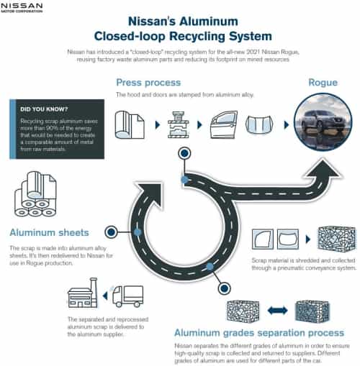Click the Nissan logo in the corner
pos(22,7)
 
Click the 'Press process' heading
pos(148,83)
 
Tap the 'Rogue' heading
pos(323,83)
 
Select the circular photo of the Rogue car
pos(323,122)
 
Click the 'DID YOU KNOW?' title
pos(44,109)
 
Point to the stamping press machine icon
pos(179,124)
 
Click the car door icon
pos(224,124)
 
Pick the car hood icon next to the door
pos(259,124)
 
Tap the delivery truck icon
pos(127,296)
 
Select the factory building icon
pos(83,293)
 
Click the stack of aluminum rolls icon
pos(35,194)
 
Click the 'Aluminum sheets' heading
pos(49,232)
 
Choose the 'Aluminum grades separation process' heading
pos(259,333)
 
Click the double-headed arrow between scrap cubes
pos(277,311)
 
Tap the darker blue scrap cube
pos(312,311)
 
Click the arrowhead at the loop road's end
pos(150,193)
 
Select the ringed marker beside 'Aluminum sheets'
pos(111,232)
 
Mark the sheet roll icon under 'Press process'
pos(130,125)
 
